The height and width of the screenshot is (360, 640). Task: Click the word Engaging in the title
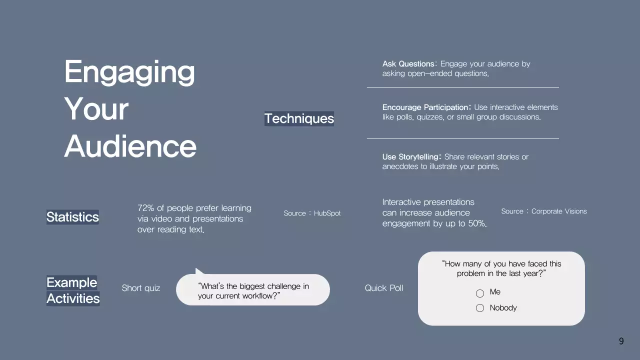click(129, 72)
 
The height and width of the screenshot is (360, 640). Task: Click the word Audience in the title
click(130, 146)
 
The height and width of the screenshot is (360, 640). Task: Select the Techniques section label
click(299, 118)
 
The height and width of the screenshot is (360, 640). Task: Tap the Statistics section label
click(72, 217)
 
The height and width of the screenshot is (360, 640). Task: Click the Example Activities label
click(72, 290)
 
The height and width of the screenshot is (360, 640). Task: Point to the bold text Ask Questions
click(408, 64)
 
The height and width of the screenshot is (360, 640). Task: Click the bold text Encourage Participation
click(425, 107)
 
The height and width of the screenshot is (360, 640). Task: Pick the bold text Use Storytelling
click(411, 157)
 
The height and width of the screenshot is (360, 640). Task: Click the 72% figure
click(145, 208)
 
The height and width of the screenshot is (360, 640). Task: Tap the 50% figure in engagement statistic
click(476, 223)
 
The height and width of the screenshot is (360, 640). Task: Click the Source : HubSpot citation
click(312, 213)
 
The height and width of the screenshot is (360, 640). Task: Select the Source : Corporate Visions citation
click(544, 211)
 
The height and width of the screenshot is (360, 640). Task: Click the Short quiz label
click(141, 288)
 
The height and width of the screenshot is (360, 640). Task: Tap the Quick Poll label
click(383, 288)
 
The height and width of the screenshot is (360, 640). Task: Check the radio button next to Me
click(480, 293)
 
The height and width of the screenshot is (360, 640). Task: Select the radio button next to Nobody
click(480, 308)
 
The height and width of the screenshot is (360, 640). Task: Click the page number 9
click(621, 341)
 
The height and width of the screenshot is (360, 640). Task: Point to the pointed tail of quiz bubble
click(198, 271)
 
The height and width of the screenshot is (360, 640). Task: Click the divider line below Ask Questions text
click(462, 87)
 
